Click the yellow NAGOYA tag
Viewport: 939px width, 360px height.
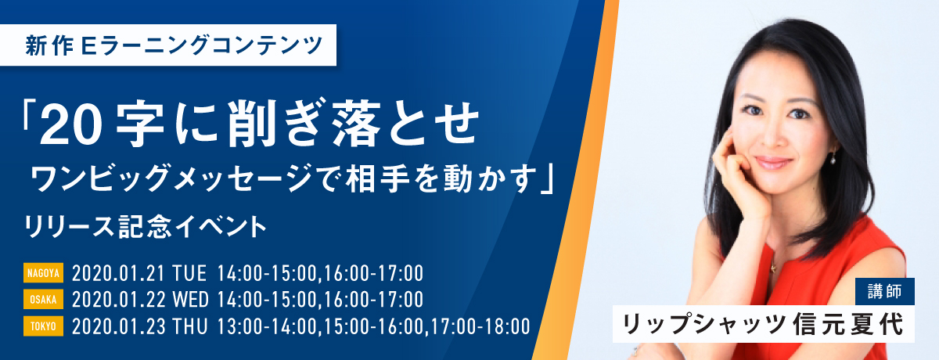coord(43,273)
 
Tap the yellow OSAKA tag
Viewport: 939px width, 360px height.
coord(43,299)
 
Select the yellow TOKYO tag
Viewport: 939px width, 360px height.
coord(43,326)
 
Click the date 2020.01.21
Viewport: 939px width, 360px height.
coord(118,273)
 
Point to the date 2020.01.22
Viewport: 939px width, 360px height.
coord(118,300)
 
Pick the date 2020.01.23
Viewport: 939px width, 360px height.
coord(118,326)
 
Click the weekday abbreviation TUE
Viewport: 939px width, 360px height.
coord(189,273)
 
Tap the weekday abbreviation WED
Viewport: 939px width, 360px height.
coord(191,300)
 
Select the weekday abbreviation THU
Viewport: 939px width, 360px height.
coord(190,326)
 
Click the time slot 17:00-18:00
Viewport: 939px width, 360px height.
coord(480,326)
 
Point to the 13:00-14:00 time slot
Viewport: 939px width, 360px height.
coord(267,326)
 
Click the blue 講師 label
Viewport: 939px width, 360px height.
coord(885,291)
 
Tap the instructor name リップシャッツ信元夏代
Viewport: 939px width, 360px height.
coord(764,324)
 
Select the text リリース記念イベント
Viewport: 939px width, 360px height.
coord(145,227)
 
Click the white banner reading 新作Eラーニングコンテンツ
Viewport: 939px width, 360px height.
coord(167,45)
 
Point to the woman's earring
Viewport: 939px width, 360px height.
coord(833,158)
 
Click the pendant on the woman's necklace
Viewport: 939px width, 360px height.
coord(772,268)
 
